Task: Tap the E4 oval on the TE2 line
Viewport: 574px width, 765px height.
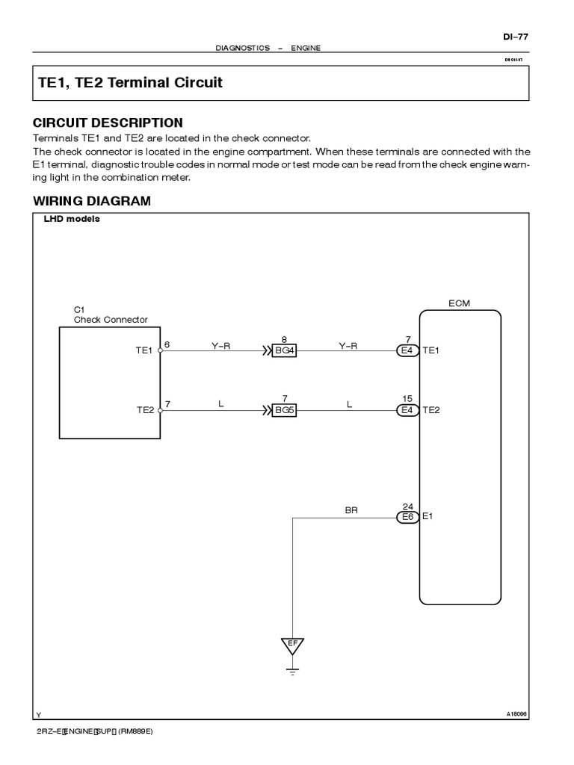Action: [x=408, y=410]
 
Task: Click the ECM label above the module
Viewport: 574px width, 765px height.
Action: [x=459, y=303]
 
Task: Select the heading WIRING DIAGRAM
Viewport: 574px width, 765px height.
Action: [x=91, y=201]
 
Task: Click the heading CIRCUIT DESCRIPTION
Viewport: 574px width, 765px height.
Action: [x=108, y=123]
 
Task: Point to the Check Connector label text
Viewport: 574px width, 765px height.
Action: [x=111, y=320]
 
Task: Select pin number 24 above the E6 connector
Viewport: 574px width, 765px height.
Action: [x=408, y=506]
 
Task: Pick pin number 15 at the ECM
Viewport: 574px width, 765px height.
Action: [x=408, y=399]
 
